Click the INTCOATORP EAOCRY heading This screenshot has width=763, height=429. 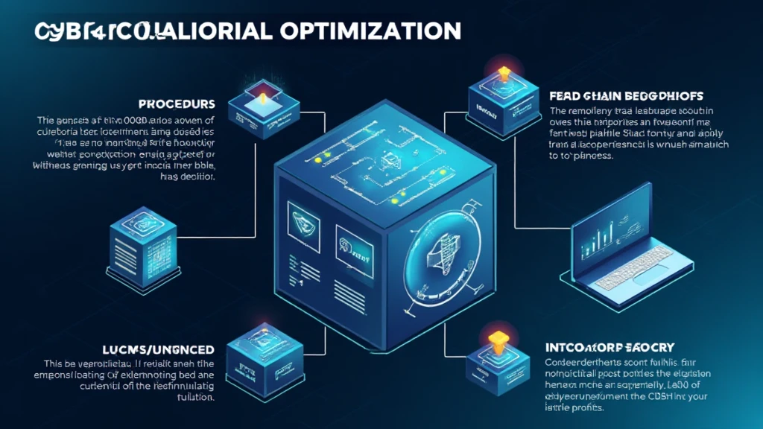(610, 347)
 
